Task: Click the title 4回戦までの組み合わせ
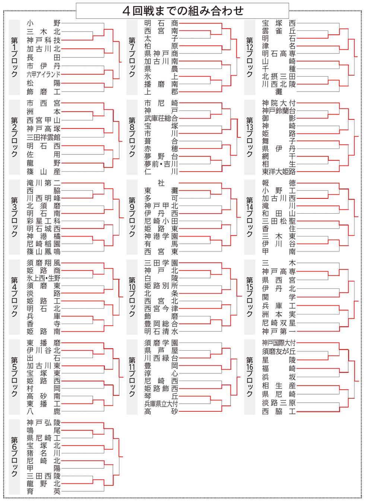(x=182, y=11)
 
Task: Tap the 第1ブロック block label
(x=14, y=57)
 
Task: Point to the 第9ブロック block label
(x=132, y=217)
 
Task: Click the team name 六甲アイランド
(x=44, y=74)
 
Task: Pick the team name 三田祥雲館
(x=44, y=137)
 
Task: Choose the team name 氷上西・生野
(x=44, y=278)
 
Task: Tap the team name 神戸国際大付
(x=279, y=343)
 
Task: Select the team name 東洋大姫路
(x=279, y=172)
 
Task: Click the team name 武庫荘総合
(x=161, y=118)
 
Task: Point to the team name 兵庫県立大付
(x=161, y=403)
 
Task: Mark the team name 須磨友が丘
(x=279, y=351)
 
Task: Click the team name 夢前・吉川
(x=161, y=164)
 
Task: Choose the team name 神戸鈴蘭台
(x=279, y=111)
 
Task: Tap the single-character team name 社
(x=161, y=183)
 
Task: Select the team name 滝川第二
(x=44, y=183)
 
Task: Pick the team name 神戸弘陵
(x=44, y=422)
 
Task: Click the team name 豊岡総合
(x=161, y=323)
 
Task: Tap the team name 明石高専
(x=279, y=54)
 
